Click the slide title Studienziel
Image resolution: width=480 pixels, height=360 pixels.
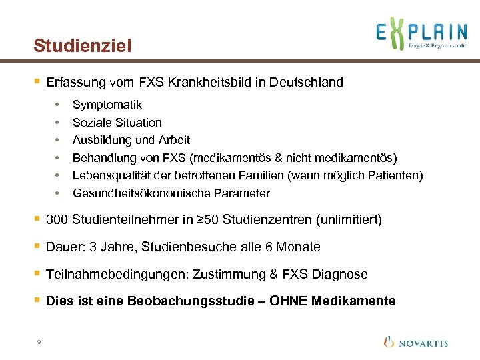83,46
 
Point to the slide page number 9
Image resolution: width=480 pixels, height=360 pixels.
39,342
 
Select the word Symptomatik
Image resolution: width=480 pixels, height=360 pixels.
107,105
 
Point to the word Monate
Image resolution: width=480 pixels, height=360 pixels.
298,247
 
